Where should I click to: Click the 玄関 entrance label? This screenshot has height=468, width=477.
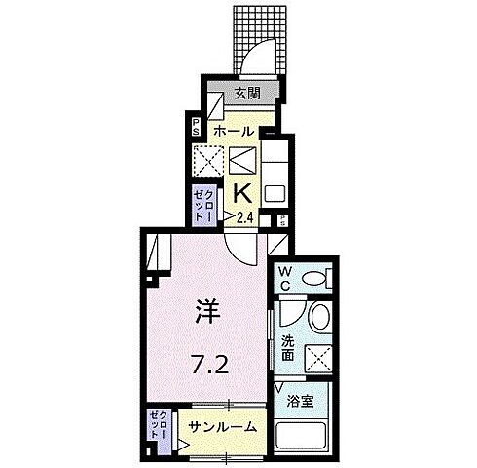point(247,94)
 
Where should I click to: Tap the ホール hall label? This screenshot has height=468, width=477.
point(234,130)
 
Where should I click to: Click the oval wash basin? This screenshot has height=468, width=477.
point(319,318)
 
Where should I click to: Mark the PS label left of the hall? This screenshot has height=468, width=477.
point(195,125)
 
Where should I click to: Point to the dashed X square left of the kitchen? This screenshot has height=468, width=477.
point(211,160)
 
